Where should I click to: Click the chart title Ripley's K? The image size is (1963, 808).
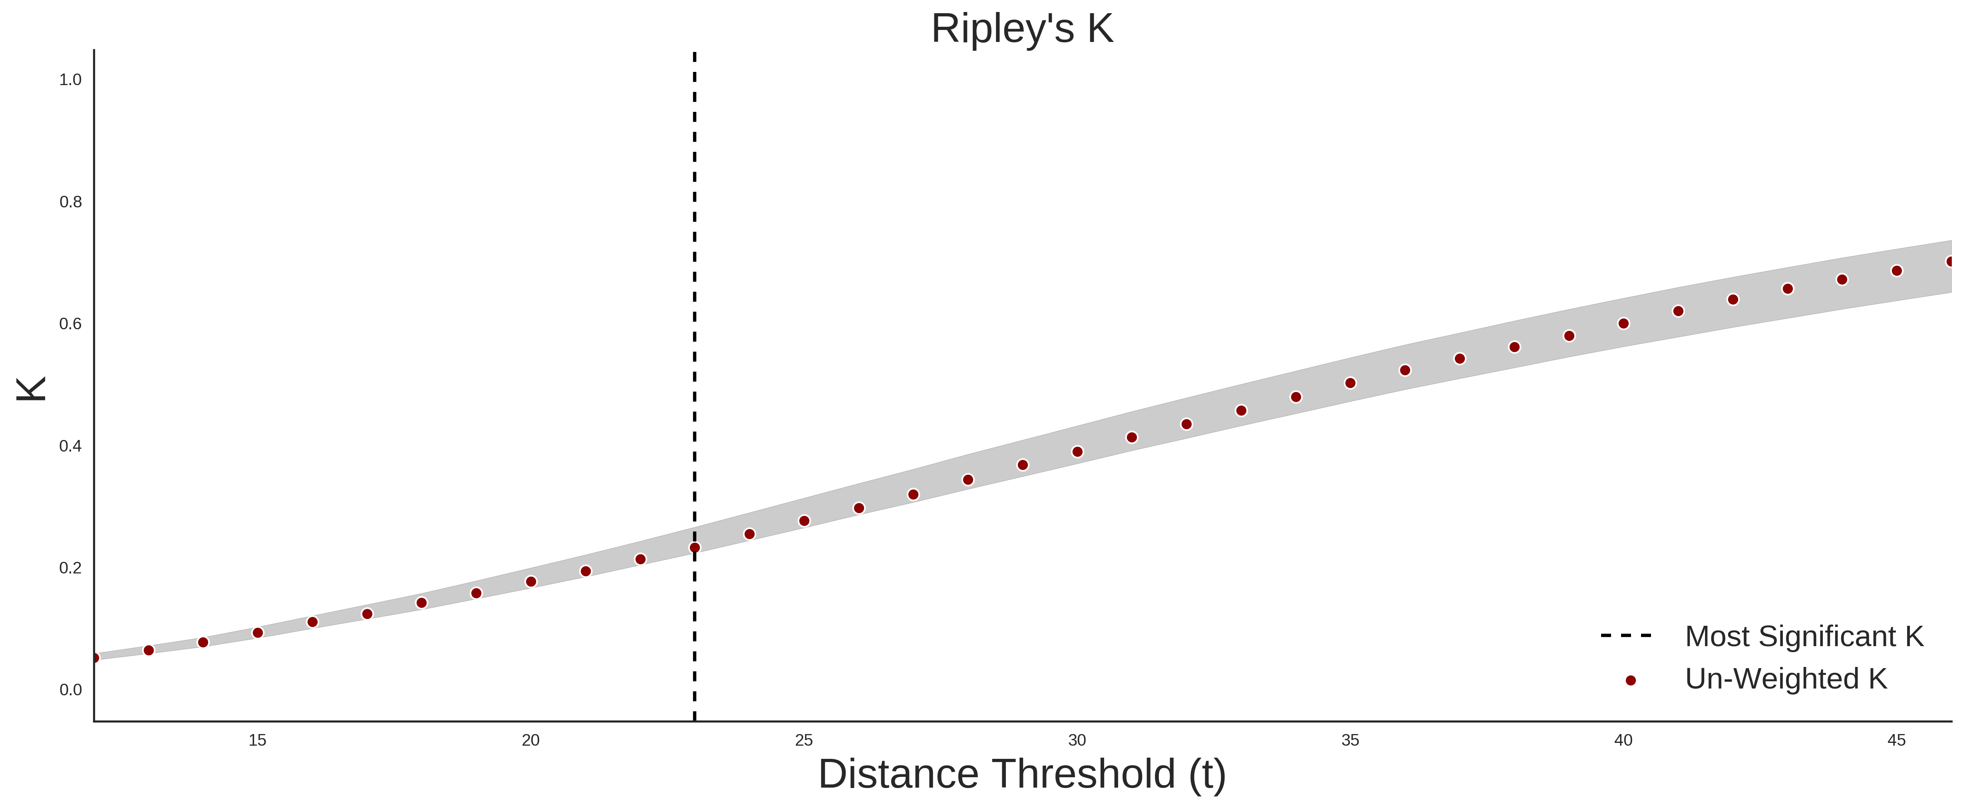1022,29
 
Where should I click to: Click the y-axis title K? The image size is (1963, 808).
31,389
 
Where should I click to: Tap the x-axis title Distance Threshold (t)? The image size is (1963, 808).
1022,774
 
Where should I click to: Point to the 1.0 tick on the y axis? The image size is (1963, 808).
70,80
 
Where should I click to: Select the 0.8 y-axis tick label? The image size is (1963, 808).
70,202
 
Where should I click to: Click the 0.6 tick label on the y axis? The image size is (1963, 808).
70,324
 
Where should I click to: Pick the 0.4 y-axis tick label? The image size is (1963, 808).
70,446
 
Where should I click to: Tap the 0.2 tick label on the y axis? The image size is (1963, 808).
70,568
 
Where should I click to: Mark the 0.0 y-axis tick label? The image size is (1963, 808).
70,690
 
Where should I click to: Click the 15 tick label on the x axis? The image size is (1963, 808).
258,740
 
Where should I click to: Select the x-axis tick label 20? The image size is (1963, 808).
530,740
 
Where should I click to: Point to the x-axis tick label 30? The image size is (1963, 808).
1077,740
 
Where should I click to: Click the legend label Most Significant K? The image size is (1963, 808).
1804,637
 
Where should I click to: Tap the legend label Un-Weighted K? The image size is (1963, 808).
1786,679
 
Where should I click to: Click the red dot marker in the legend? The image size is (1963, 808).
1630,681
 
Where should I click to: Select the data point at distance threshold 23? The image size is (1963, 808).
694,547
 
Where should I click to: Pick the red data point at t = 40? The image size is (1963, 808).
1623,323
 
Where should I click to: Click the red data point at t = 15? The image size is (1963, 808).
258,633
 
